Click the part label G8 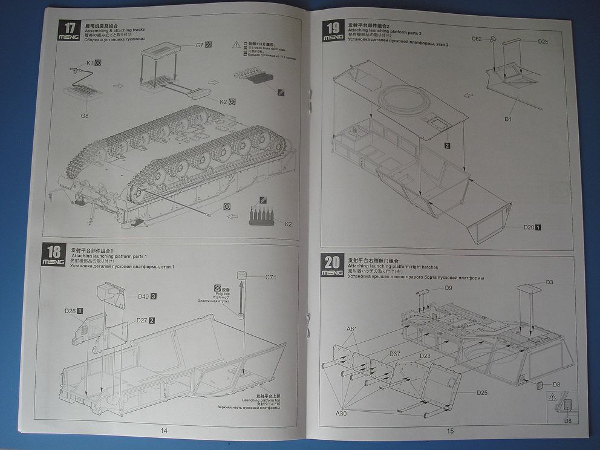tap(85, 116)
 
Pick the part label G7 tap(200, 45)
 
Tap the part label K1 tap(90, 62)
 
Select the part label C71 tap(270, 278)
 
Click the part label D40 tap(143, 296)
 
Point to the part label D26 tap(70, 311)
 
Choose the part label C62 tap(477, 39)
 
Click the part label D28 tap(543, 41)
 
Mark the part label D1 tap(508, 119)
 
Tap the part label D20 tap(529, 227)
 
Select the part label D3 tap(549, 282)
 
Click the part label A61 tap(352, 329)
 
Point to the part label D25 tap(481, 393)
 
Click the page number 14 tap(163, 430)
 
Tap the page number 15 tap(450, 431)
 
